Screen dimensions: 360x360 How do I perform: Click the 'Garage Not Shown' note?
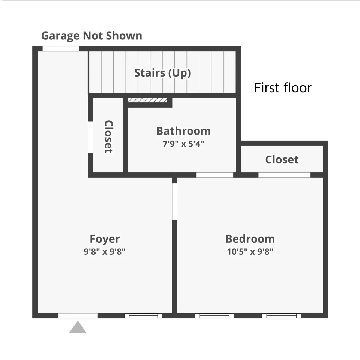tap(91, 36)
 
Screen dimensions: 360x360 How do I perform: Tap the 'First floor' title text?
tap(283, 87)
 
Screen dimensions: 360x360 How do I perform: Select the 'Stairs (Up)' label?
tap(162, 73)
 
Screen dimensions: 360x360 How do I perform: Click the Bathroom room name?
tap(183, 131)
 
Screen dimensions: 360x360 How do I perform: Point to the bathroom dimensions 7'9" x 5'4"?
tap(183, 144)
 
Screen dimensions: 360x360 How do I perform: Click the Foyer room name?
tap(105, 239)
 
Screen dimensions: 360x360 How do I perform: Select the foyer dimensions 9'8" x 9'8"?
tap(105, 251)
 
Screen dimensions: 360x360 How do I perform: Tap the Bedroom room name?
tap(250, 239)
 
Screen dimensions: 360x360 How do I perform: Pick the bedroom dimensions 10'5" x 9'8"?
tap(250, 251)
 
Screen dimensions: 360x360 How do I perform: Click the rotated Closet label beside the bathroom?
tap(108, 137)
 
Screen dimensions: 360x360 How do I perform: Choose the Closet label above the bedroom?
tap(282, 160)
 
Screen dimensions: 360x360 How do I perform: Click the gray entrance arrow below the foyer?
tap(78, 327)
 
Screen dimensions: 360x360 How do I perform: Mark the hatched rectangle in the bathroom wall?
tap(147, 100)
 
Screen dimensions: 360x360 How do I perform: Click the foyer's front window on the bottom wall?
tap(143, 316)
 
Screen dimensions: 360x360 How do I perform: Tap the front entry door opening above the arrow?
tap(78, 316)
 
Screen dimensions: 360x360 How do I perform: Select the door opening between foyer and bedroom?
tap(174, 202)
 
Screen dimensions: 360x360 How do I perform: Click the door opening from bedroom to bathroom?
tap(214, 175)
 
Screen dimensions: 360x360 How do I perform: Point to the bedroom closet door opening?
tap(285, 175)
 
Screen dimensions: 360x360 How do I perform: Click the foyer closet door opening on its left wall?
tap(90, 137)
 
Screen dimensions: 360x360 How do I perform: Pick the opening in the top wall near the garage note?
tap(61, 49)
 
